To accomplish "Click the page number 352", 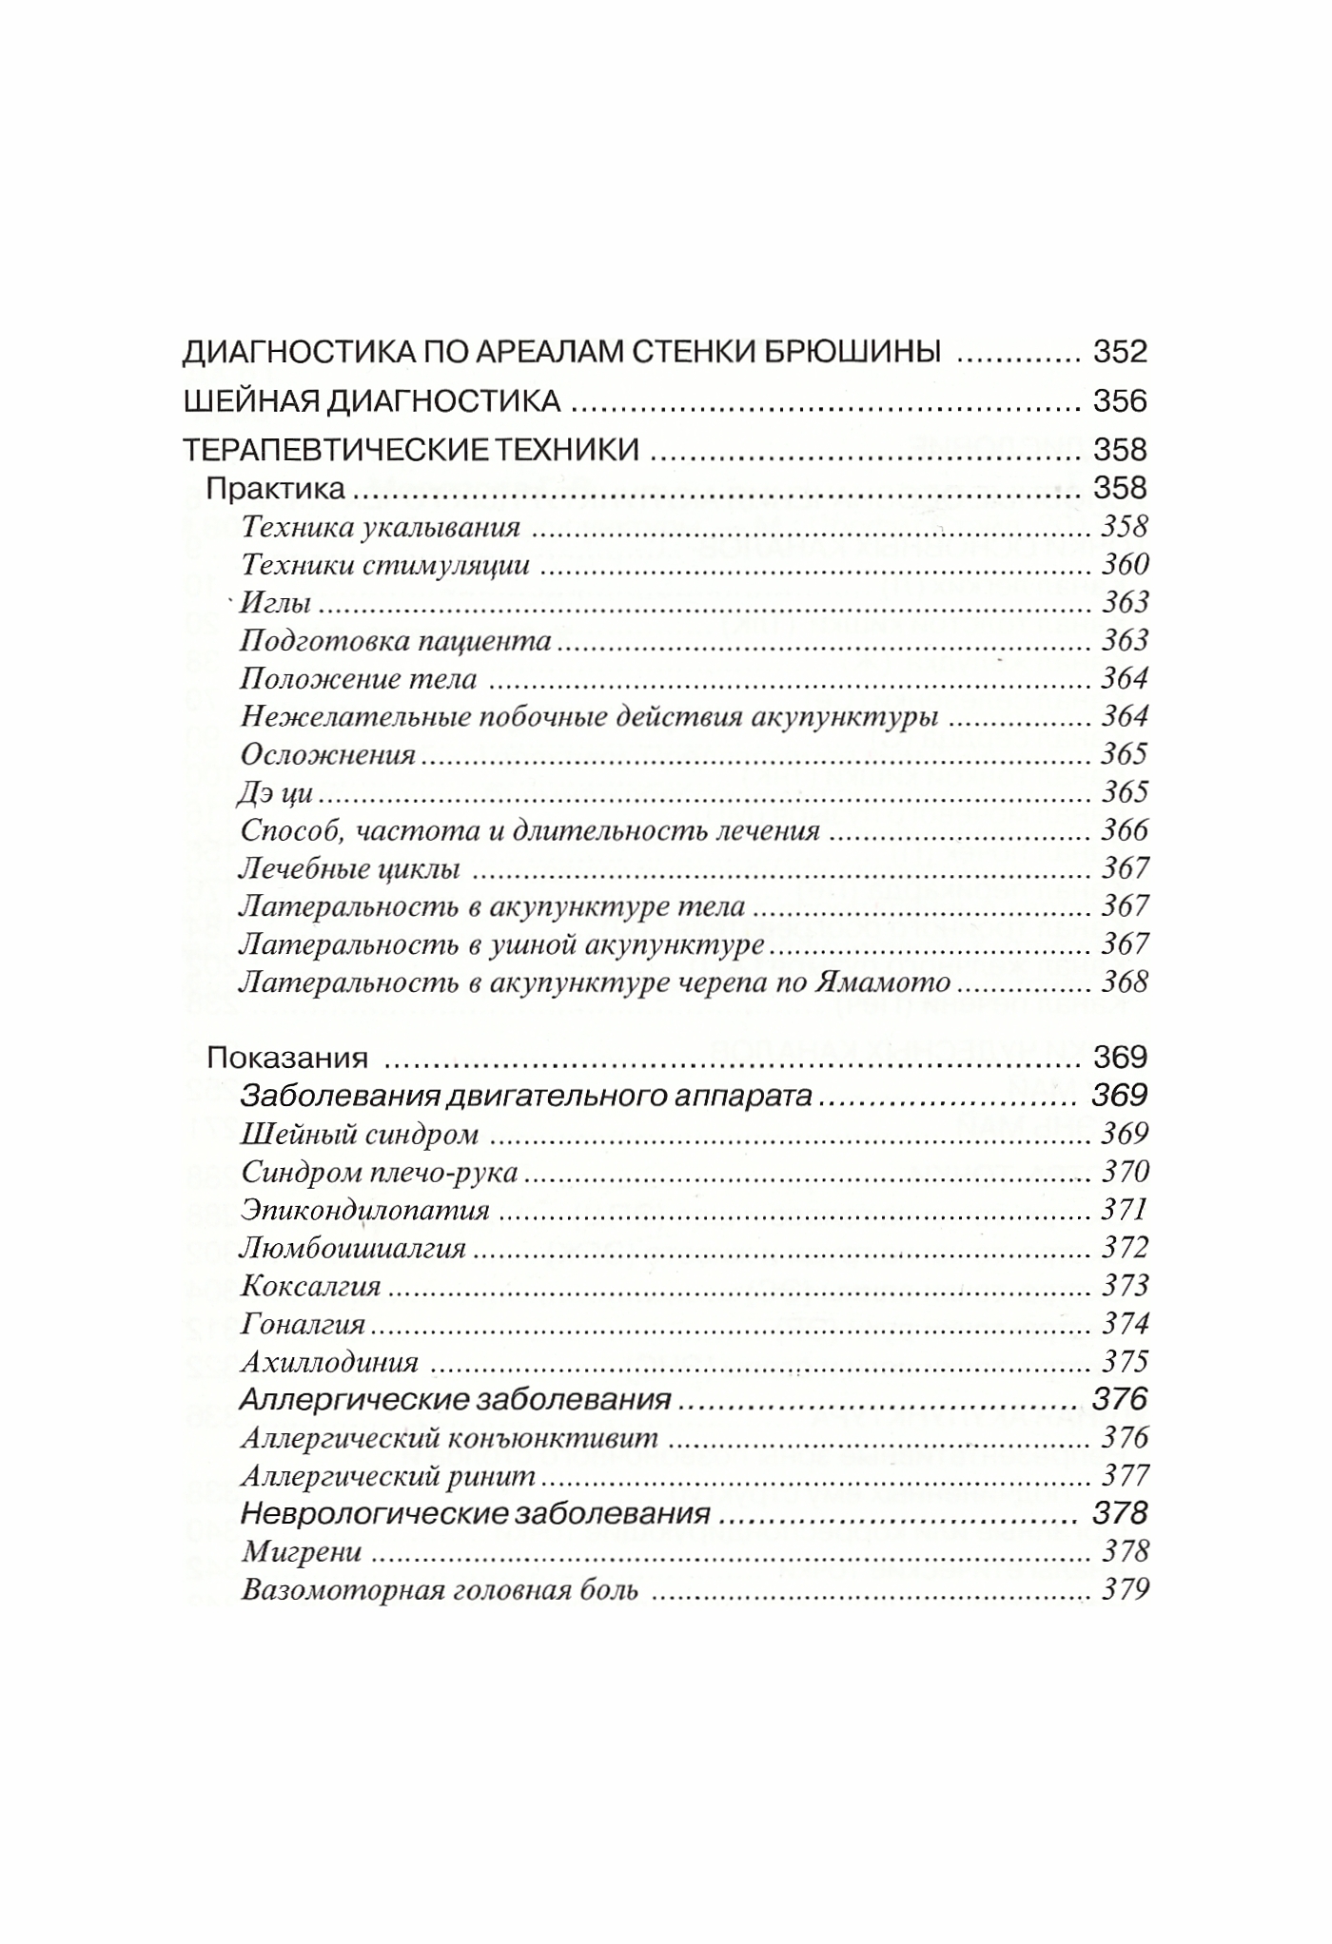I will pyautogui.click(x=1120, y=352).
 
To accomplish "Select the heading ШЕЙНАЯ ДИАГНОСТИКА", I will pyautogui.click(x=371, y=400).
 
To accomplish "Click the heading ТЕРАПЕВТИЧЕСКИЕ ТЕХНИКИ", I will pyautogui.click(x=410, y=449).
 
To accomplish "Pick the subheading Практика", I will pyautogui.click(x=276, y=488).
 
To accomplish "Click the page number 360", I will pyautogui.click(x=1125, y=564).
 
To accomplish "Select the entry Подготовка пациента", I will pyautogui.click(x=396, y=640).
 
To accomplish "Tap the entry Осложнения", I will pyautogui.click(x=328, y=754).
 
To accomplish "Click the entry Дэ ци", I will pyautogui.click(x=277, y=792).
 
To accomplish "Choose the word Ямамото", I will pyautogui.click(x=885, y=982).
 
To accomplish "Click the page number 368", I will pyautogui.click(x=1125, y=982).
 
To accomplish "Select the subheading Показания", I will pyautogui.click(x=287, y=1057).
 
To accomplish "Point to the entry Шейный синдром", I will pyautogui.click(x=360, y=1134).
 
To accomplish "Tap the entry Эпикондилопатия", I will pyautogui.click(x=365, y=1210).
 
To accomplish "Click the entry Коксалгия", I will pyautogui.click(x=311, y=1286).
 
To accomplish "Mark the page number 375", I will pyautogui.click(x=1125, y=1362).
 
